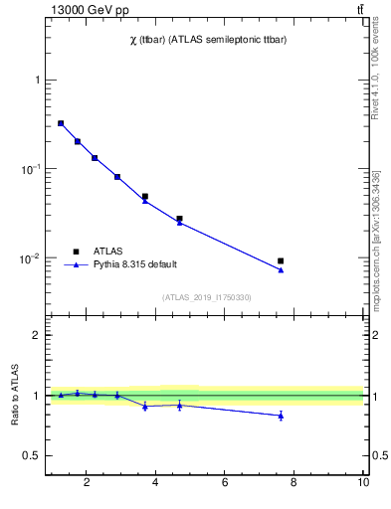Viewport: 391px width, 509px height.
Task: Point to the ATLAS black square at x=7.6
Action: (281, 260)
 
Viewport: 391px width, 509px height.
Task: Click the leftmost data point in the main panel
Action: (61, 123)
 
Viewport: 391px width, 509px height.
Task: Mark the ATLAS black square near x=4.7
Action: (179, 219)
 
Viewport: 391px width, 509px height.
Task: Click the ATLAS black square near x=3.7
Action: (145, 197)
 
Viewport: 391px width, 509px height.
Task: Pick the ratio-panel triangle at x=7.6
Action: (281, 416)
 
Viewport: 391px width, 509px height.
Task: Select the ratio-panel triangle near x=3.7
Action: (145, 406)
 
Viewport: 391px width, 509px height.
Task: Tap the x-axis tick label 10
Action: (363, 483)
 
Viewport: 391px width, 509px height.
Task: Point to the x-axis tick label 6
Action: (225, 483)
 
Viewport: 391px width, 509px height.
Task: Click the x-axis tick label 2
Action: (87, 483)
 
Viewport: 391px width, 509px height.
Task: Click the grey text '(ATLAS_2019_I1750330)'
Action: (207, 297)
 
